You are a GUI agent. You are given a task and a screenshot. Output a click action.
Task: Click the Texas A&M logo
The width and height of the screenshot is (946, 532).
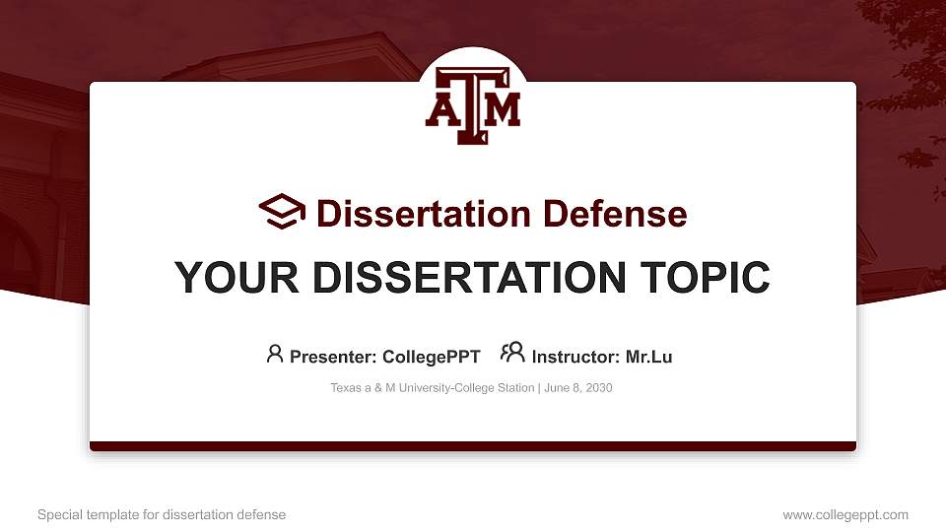[473, 106]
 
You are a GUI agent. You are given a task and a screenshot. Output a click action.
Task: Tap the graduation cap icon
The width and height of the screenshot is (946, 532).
[282, 212]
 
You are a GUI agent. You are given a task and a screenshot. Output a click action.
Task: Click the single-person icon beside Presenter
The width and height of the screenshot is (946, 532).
[275, 354]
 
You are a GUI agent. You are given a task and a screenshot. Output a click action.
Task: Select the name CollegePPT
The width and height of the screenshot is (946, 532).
[432, 357]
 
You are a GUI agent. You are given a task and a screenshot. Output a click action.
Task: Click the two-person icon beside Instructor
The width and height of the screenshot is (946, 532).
[512, 354]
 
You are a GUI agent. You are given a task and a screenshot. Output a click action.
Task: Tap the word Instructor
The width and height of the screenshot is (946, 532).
[574, 357]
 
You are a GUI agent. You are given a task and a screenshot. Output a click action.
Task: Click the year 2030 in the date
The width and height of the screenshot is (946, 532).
[598, 388]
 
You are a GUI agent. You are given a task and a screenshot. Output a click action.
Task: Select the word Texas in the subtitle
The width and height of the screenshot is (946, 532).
[346, 388]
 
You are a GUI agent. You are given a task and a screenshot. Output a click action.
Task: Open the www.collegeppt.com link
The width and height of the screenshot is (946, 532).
[845, 515]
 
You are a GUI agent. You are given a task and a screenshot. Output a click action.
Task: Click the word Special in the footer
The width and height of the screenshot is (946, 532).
[58, 515]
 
